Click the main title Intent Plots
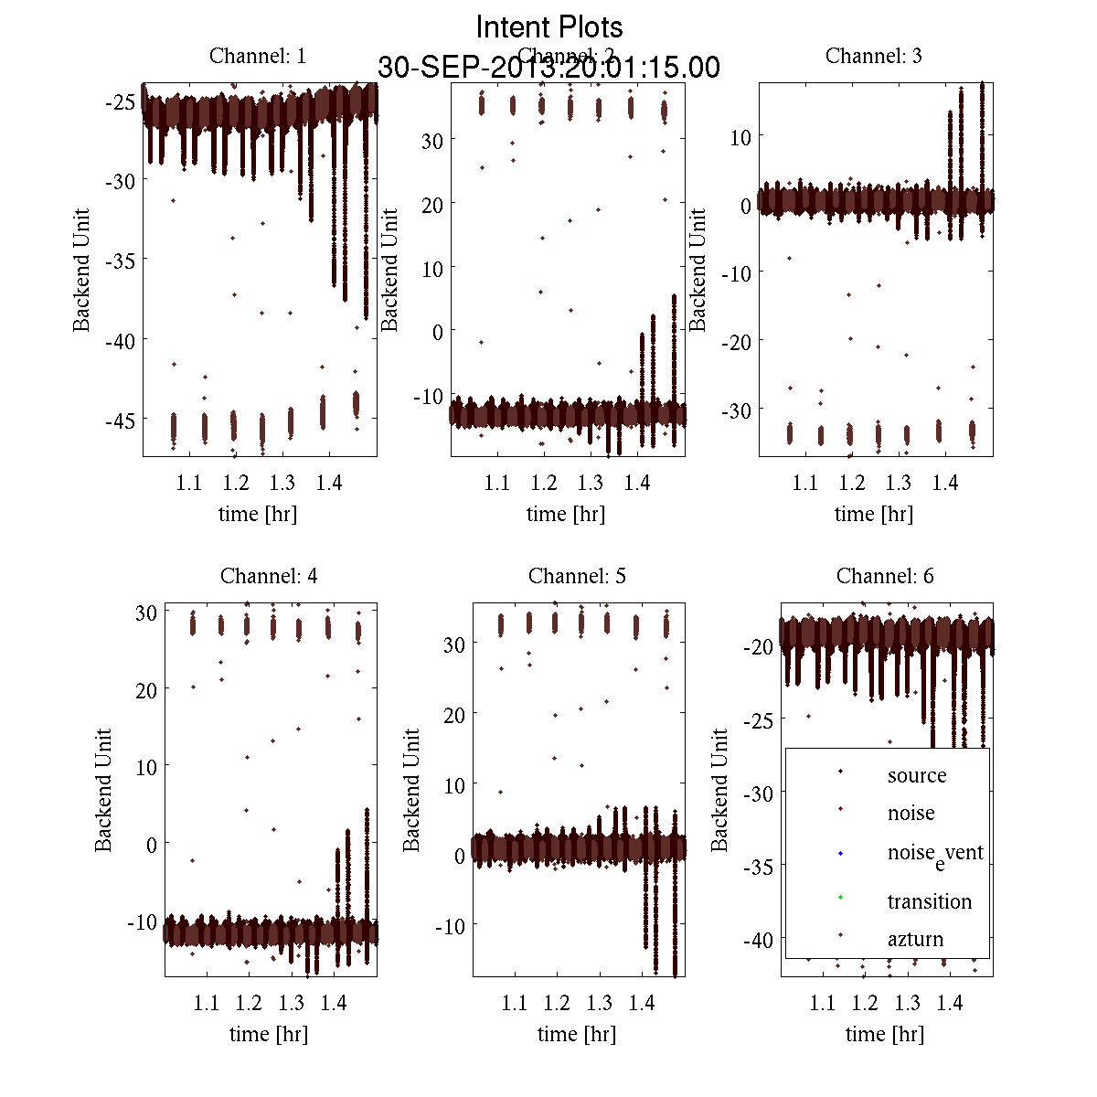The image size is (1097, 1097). [x=549, y=27]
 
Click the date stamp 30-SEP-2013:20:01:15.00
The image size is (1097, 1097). [x=549, y=68]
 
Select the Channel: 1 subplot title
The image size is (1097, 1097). [x=258, y=56]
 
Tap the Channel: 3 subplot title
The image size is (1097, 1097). [x=874, y=56]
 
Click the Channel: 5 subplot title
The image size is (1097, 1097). [x=577, y=576]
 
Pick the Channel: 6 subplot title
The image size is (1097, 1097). [x=885, y=576]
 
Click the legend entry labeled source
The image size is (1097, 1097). [x=917, y=775]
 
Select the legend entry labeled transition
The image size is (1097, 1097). [x=929, y=901]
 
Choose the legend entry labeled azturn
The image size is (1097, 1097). [x=915, y=939]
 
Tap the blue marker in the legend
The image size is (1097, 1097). [x=840, y=854]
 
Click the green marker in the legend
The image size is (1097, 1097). [x=840, y=898]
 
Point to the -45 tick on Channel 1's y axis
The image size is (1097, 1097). [x=121, y=421]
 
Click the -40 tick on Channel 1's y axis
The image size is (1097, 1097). [x=121, y=341]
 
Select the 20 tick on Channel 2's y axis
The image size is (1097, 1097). [x=431, y=205]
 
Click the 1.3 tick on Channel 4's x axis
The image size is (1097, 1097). [x=292, y=1003]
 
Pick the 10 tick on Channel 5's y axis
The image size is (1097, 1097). [x=454, y=785]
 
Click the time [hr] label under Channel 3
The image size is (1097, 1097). [x=874, y=514]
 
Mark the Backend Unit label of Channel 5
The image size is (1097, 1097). [x=412, y=790]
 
